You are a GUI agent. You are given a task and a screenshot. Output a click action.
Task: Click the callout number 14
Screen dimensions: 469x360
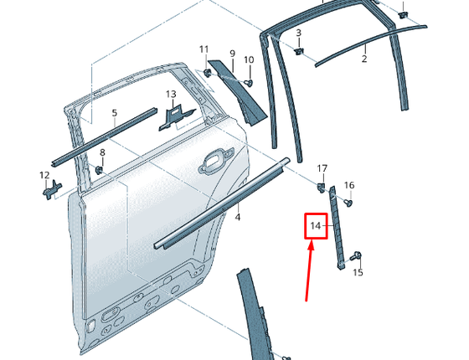(x=315, y=226)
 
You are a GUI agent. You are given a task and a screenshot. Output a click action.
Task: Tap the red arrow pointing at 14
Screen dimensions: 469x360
(x=309, y=271)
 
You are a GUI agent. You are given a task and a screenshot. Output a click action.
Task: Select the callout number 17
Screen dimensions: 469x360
(x=322, y=168)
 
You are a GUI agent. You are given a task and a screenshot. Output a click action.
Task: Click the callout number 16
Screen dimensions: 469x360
(x=349, y=185)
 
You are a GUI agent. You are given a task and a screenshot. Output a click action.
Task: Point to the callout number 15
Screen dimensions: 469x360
(x=358, y=272)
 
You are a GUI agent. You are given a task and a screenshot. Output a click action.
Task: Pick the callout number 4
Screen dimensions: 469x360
(x=238, y=217)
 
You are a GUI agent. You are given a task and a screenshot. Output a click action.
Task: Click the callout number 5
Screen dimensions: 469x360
(x=115, y=113)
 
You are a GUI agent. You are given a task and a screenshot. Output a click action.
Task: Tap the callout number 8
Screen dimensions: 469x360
(x=102, y=152)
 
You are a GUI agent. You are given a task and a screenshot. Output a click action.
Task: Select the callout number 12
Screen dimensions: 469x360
(x=44, y=175)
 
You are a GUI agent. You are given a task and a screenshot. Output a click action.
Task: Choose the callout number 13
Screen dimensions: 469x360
(x=171, y=94)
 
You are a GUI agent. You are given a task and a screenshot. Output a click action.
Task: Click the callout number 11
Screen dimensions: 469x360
(x=204, y=49)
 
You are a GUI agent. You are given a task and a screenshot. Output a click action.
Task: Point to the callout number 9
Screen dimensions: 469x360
(x=233, y=54)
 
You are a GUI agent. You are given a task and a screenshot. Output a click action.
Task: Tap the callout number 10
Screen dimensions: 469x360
(x=249, y=59)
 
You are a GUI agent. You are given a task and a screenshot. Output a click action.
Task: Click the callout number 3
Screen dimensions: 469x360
(x=298, y=33)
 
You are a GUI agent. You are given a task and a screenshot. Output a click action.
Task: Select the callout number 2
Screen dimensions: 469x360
(x=364, y=59)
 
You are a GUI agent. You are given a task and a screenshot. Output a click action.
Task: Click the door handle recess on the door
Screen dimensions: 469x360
(x=216, y=159)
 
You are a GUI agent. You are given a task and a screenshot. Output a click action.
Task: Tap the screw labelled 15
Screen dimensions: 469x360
(x=357, y=256)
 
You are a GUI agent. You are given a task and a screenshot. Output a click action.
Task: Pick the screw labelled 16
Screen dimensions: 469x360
(x=348, y=203)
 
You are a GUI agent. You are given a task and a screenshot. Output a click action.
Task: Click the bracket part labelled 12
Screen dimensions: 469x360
(x=52, y=190)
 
